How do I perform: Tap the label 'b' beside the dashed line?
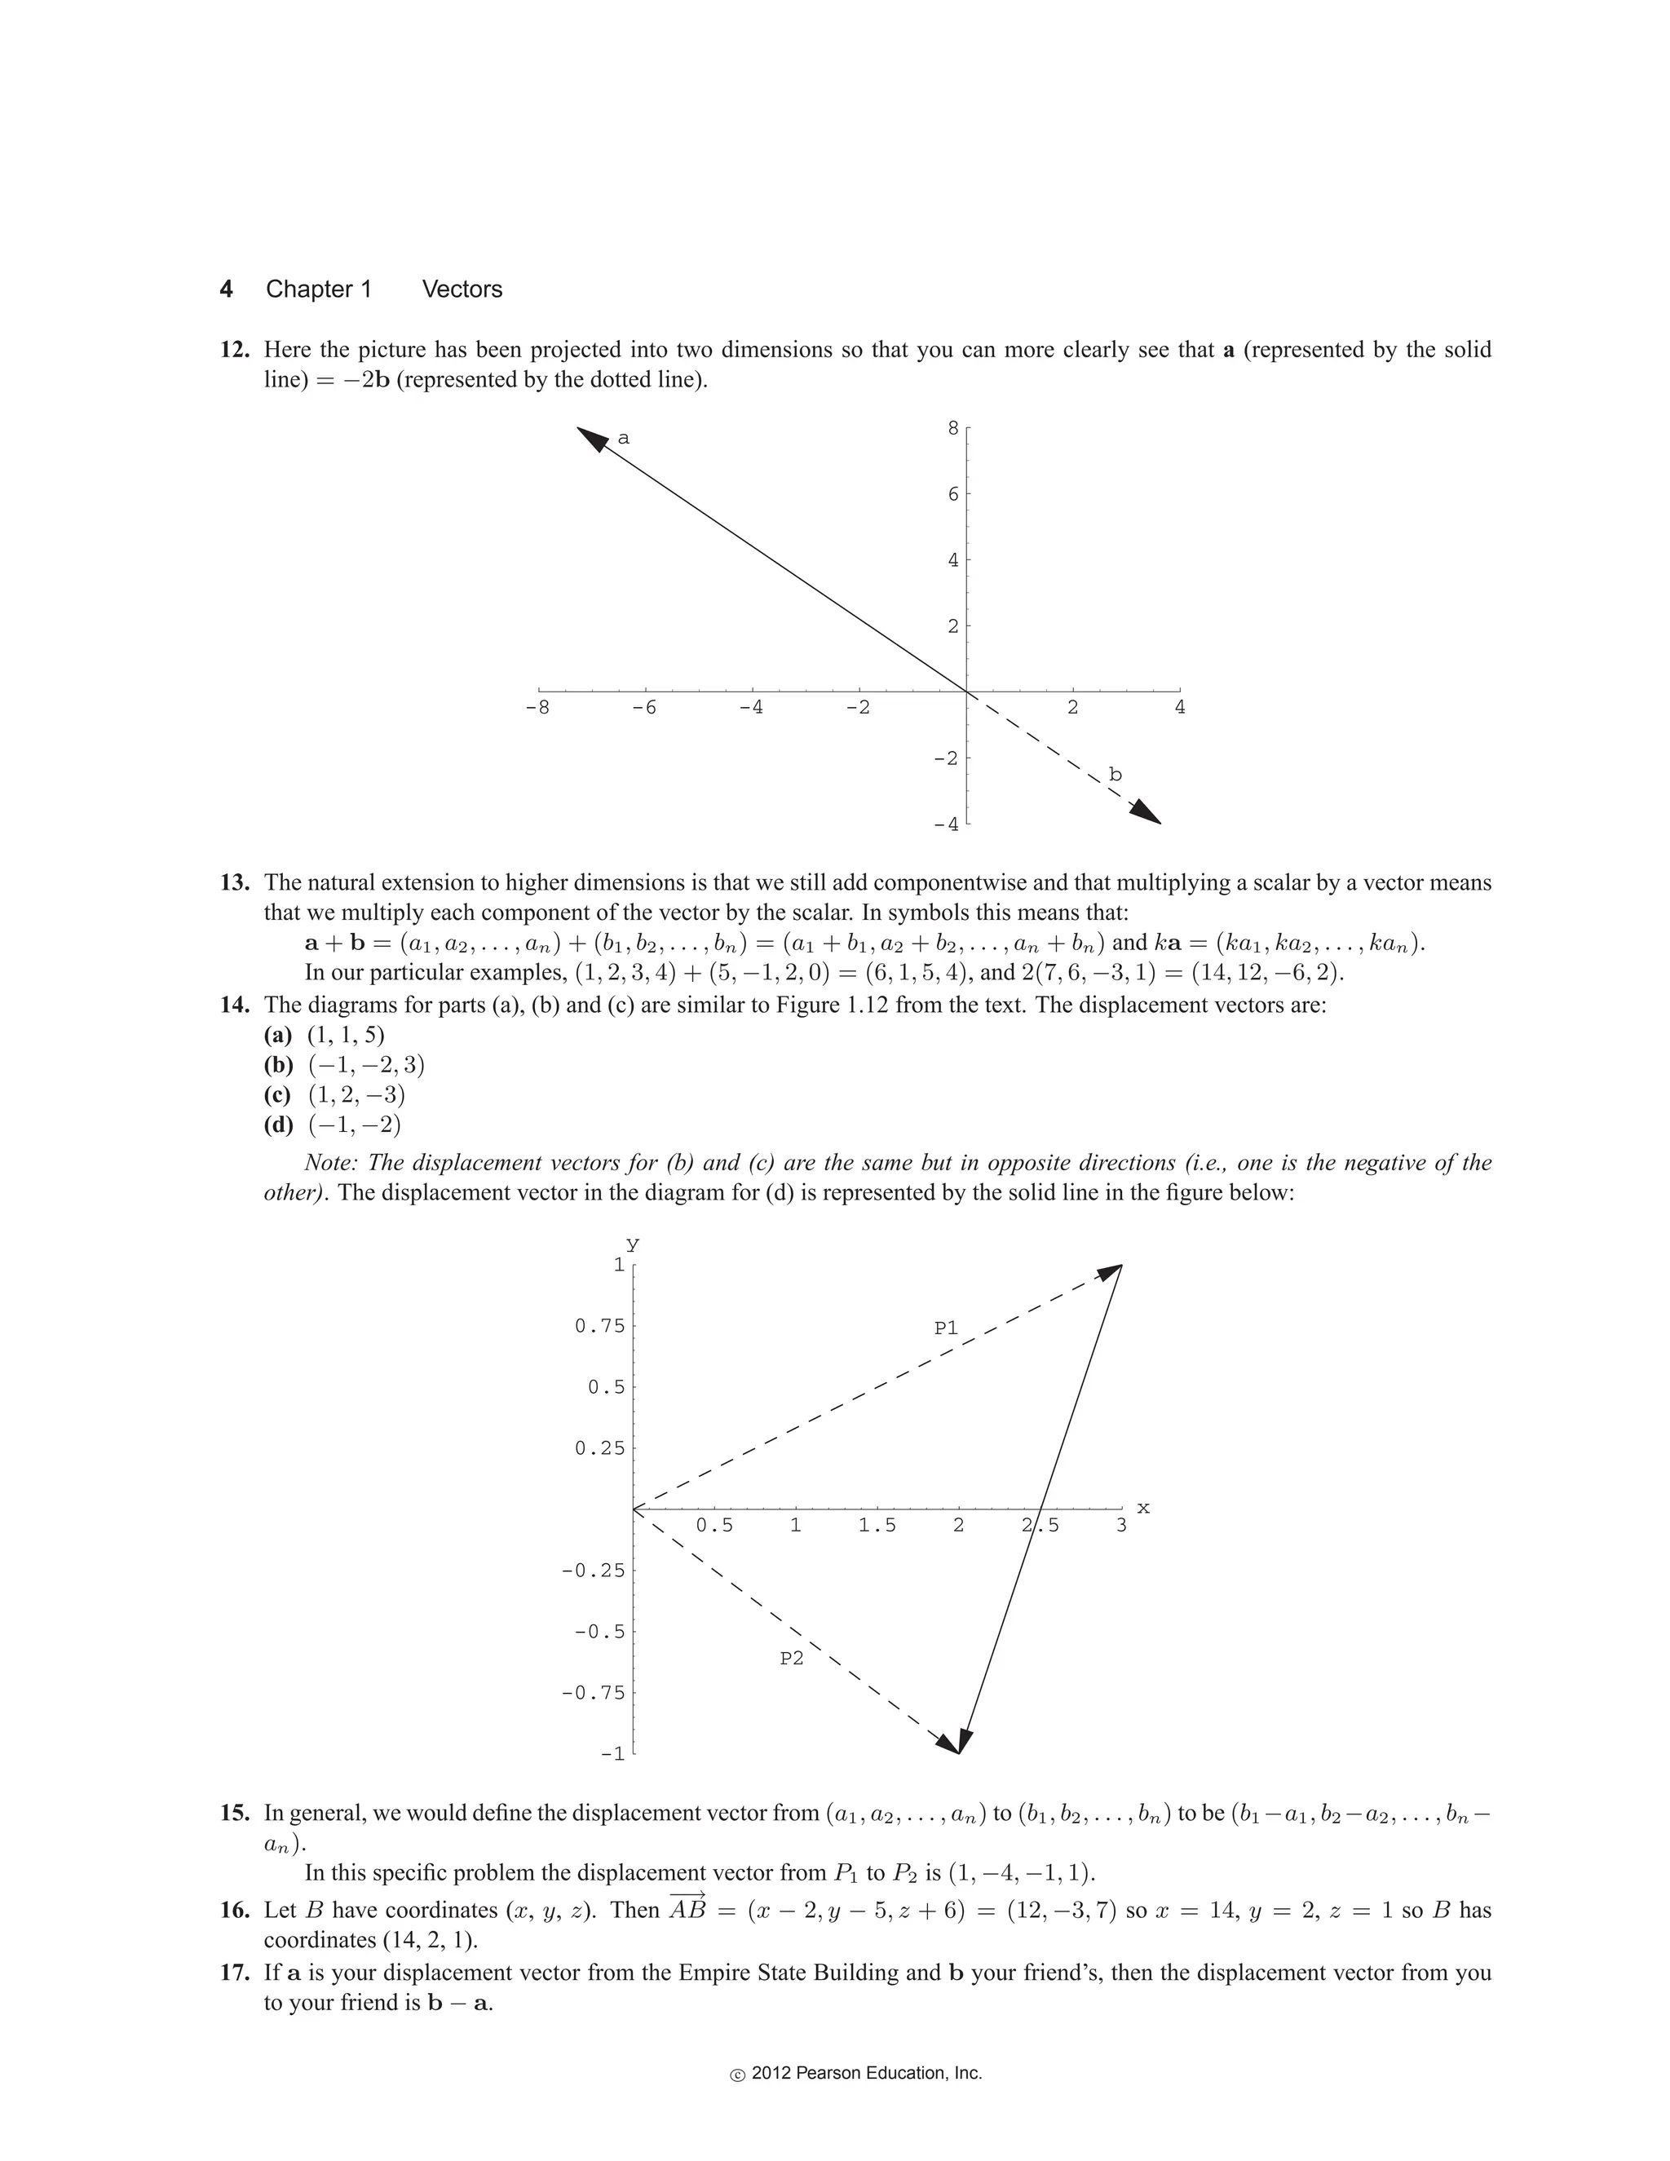(x=1115, y=775)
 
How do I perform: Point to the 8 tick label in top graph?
(x=952, y=427)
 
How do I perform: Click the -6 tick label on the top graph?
(x=644, y=708)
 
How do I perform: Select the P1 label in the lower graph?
(x=946, y=1328)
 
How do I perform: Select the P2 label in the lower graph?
(x=792, y=1659)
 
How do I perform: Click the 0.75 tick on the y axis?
(x=599, y=1326)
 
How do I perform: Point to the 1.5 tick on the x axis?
(x=877, y=1526)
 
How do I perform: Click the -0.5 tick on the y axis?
(x=599, y=1632)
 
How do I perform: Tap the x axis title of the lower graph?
(x=1144, y=1508)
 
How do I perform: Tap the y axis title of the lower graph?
(x=632, y=1244)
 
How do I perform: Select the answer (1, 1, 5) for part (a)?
(x=345, y=1035)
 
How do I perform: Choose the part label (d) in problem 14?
(x=278, y=1125)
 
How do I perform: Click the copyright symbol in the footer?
(x=737, y=2075)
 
